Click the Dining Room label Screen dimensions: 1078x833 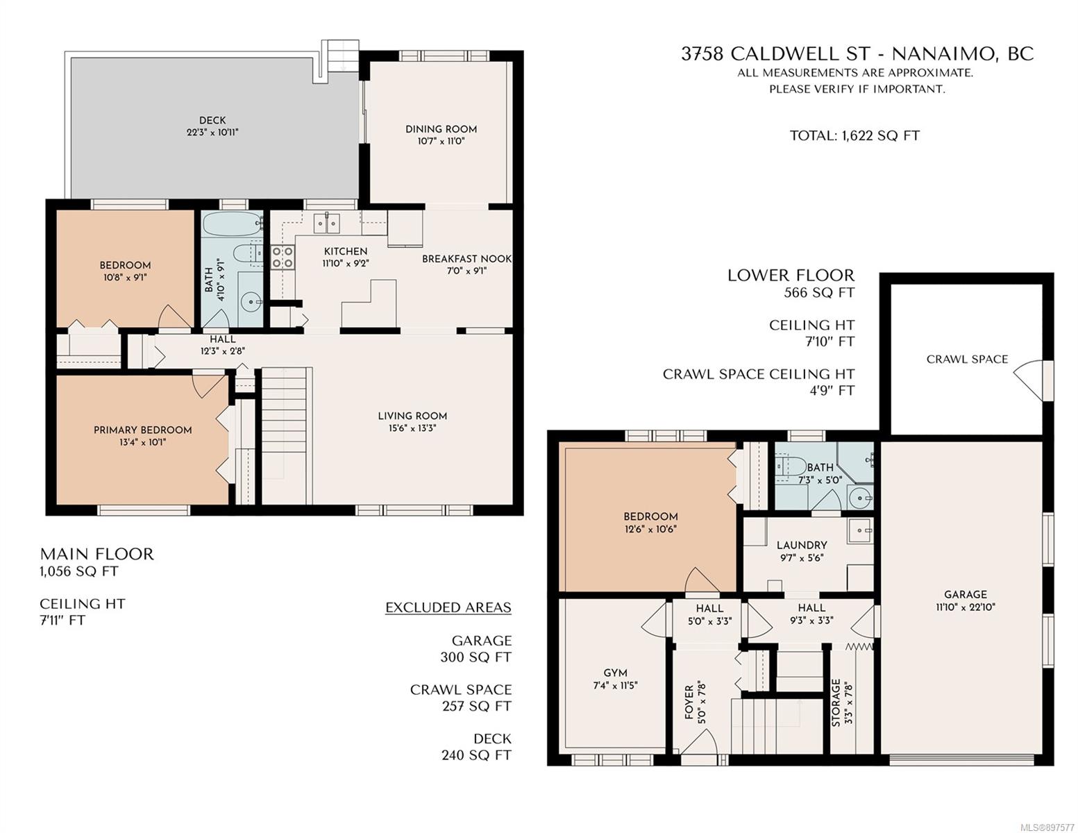tap(441, 129)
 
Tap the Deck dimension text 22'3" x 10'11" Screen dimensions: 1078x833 tap(212, 133)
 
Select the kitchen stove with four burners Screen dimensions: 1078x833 tap(283, 258)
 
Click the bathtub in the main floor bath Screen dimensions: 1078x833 tap(232, 224)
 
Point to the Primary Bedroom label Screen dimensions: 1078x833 tap(143, 430)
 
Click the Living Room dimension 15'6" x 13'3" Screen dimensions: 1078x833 tap(412, 428)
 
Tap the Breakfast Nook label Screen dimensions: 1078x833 tap(466, 258)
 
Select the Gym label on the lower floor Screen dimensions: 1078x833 tap(615, 673)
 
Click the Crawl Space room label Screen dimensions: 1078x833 tap(967, 359)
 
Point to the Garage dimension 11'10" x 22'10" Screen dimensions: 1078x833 tap(966, 607)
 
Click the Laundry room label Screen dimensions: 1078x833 tap(802, 545)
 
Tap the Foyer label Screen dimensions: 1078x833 tap(689, 702)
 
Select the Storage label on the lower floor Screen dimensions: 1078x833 tap(836, 702)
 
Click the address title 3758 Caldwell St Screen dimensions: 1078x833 tap(775, 53)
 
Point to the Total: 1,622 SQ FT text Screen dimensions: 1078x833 tap(854, 135)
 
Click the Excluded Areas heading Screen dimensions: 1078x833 tap(448, 608)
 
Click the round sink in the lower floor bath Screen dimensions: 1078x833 tap(860, 497)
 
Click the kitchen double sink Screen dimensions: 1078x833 tap(326, 224)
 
